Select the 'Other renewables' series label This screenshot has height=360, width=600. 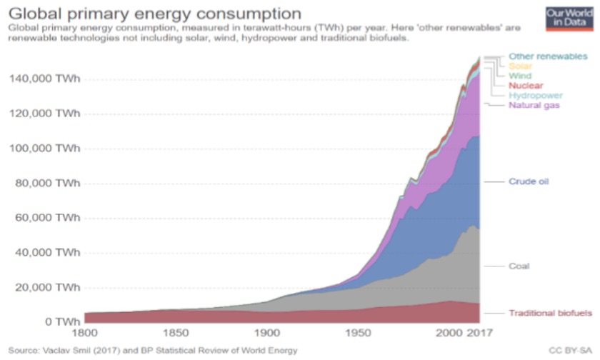point(548,56)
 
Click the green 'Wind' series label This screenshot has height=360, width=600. point(519,76)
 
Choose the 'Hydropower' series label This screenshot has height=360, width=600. point(535,95)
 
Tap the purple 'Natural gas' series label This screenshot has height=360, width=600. point(534,105)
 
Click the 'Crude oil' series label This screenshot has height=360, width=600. point(529,181)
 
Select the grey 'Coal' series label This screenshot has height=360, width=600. point(519,266)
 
